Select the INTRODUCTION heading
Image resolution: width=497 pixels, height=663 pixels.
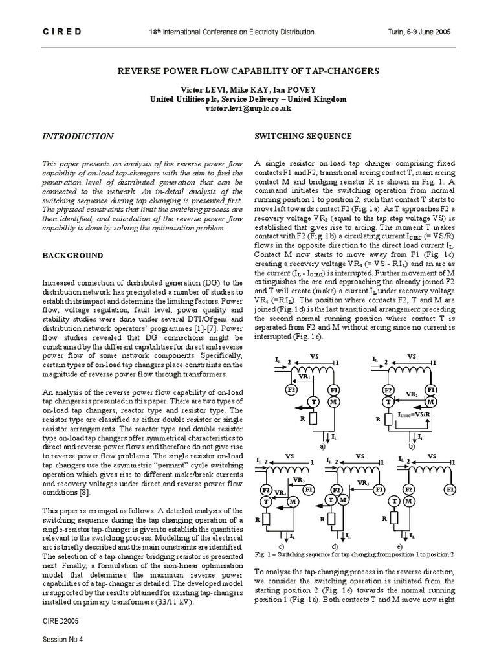pyautogui.click(x=78, y=137)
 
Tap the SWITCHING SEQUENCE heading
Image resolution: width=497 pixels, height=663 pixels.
pyautogui.click(x=294, y=137)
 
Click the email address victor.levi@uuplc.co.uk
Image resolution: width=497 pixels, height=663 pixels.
pyautogui.click(x=248, y=109)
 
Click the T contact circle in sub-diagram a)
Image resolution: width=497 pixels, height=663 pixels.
pyautogui.click(x=313, y=401)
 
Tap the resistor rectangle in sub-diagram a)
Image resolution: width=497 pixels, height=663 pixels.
pyautogui.click(x=313, y=419)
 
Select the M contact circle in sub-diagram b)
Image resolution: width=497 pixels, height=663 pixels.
pyautogui.click(x=430, y=401)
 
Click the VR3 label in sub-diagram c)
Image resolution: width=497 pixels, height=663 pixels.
pyautogui.click(x=300, y=480)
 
